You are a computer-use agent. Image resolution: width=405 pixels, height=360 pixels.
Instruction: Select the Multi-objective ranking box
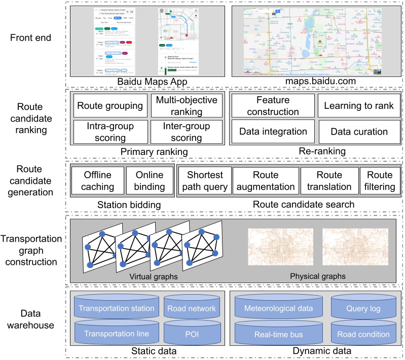[187, 106]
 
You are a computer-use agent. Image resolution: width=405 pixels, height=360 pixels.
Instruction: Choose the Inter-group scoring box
[187, 131]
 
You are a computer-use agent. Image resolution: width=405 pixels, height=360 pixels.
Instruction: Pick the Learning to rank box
[359, 106]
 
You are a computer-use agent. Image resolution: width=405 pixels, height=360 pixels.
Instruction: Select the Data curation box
[359, 132]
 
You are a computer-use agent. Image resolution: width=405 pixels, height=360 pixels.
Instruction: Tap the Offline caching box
[97, 181]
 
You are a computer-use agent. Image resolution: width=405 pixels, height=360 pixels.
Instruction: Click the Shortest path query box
[204, 181]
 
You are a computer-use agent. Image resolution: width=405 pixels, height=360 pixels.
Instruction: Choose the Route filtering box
[380, 181]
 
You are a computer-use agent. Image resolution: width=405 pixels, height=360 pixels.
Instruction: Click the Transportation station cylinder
[116, 308]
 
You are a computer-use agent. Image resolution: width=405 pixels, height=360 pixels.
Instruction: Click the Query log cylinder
[361, 308]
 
